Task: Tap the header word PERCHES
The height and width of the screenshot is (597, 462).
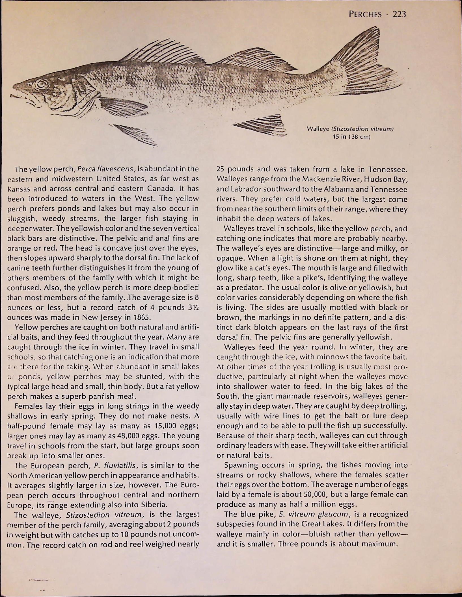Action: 365,14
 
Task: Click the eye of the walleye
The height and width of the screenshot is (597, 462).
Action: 42,84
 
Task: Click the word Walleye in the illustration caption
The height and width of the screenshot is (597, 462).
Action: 318,129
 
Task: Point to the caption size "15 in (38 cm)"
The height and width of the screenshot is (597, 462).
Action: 352,137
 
